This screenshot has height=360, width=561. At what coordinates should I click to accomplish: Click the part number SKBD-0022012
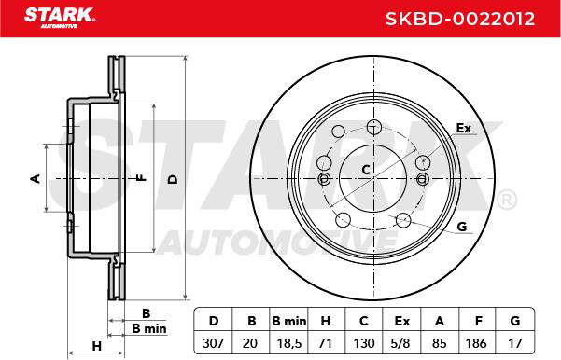click(460, 19)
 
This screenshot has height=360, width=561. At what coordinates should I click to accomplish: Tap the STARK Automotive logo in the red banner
click(60, 18)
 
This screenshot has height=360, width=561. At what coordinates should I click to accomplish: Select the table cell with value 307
click(213, 343)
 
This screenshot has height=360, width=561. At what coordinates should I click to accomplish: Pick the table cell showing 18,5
click(289, 343)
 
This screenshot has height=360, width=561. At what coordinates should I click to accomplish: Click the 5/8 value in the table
click(400, 343)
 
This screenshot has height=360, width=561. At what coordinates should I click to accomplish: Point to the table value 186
click(476, 343)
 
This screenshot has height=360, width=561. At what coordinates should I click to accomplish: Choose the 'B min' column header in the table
click(289, 321)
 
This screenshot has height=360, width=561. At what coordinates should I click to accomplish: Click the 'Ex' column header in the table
click(401, 321)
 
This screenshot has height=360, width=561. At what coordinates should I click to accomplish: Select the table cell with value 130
click(363, 343)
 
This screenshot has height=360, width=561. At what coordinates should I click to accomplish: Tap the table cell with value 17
click(515, 343)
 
